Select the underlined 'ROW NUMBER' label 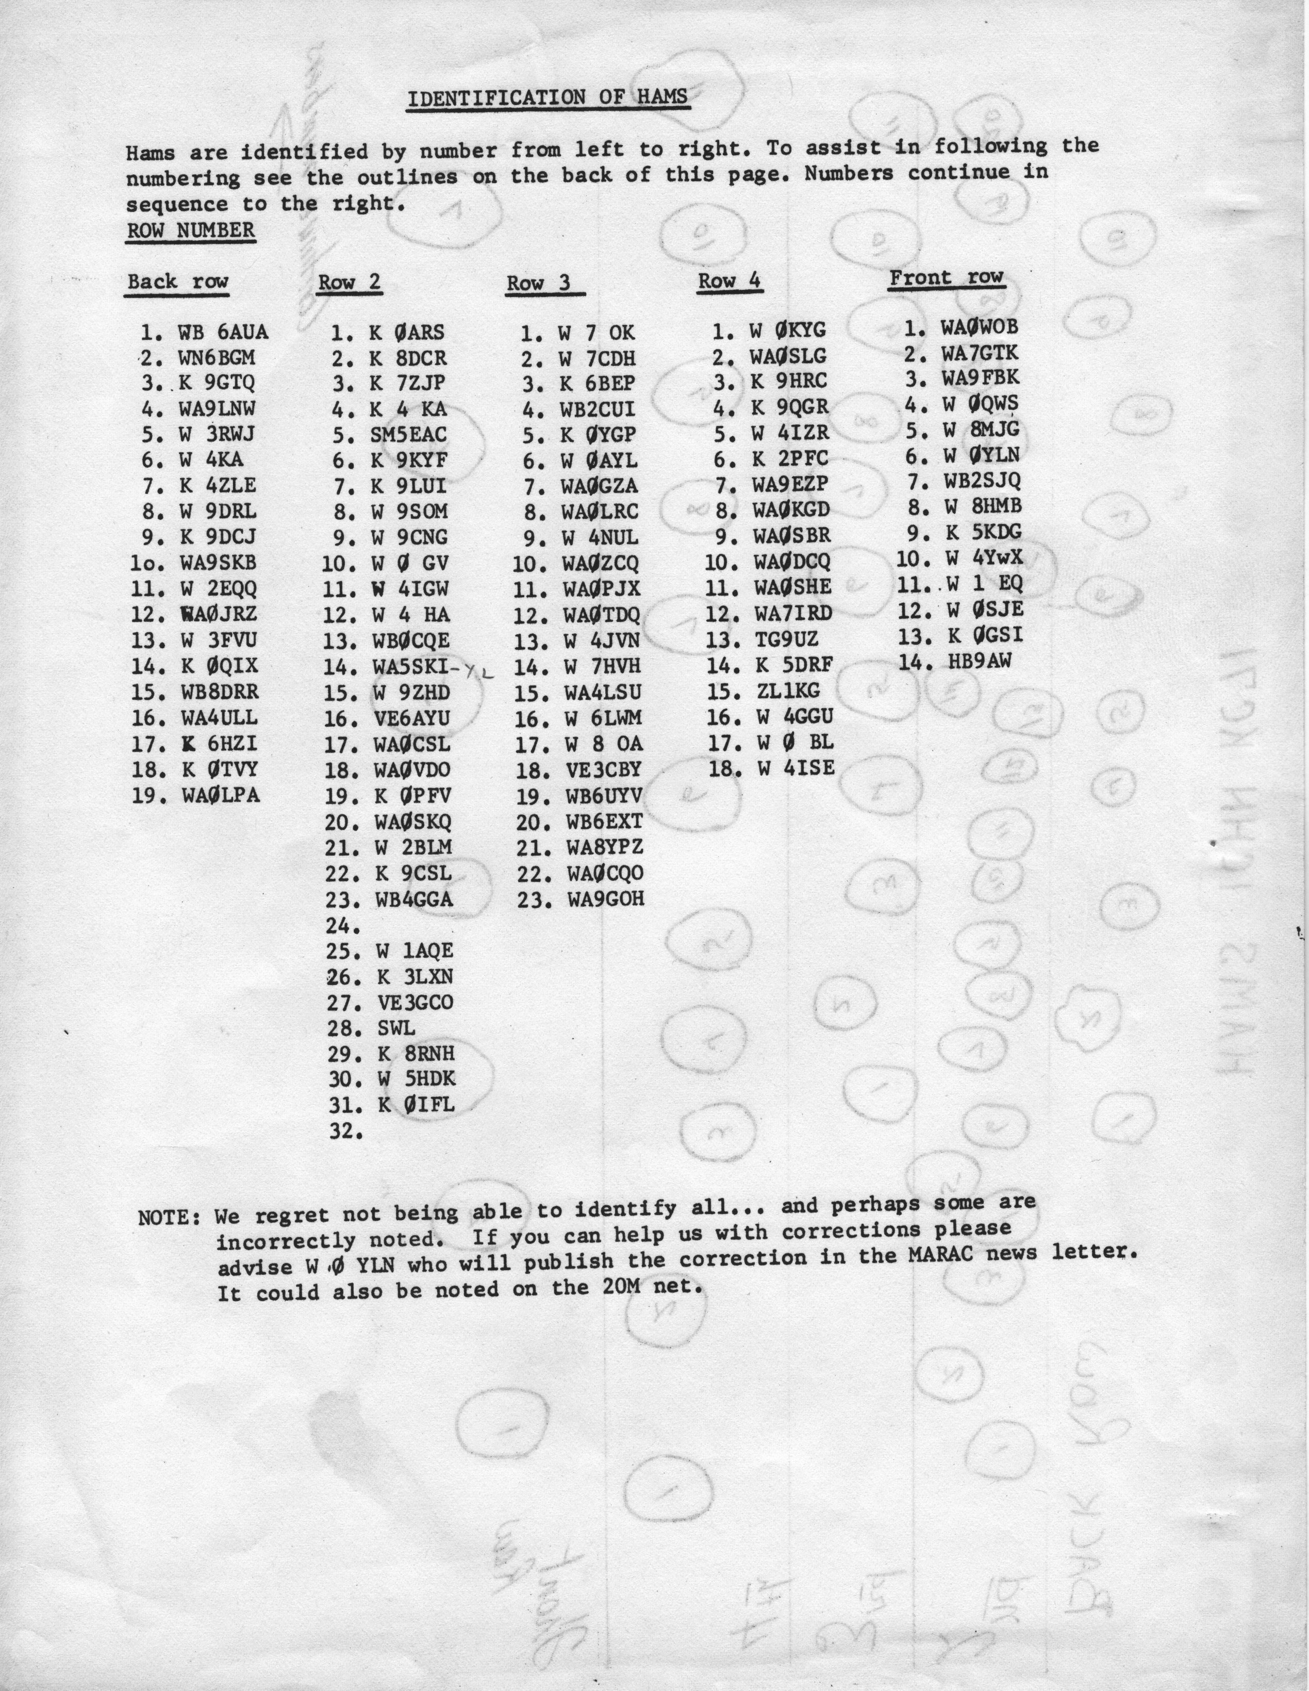190,231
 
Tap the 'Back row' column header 178,281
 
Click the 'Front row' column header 946,277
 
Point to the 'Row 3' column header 539,284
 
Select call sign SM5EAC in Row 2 409,435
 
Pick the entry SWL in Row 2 396,1028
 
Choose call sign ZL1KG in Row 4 788,690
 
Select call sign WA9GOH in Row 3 605,899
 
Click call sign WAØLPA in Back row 221,796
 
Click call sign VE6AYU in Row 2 410,718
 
